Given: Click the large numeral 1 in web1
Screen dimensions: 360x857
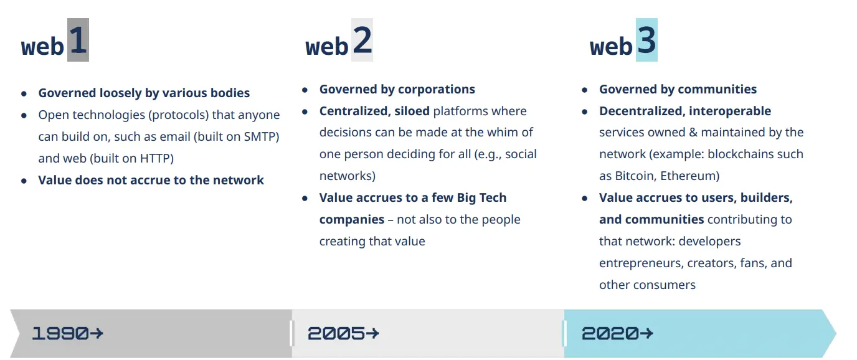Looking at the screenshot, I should click(77, 40).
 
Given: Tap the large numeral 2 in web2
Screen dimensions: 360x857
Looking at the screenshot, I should click(362, 40).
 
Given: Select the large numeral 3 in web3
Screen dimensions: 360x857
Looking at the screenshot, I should click(646, 40).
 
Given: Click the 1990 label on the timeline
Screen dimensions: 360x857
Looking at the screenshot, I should click(60, 333).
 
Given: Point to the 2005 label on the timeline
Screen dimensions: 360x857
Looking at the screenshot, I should click(336, 333).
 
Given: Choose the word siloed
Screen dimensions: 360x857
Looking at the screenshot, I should click(412, 111).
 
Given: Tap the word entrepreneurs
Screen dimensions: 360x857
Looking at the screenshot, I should click(640, 263).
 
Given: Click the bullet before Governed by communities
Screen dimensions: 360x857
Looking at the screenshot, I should click(585, 90).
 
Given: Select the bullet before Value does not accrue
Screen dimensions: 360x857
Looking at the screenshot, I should click(24, 181).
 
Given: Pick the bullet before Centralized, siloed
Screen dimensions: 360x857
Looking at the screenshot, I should click(305, 111).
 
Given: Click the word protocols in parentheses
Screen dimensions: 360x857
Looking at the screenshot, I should click(176, 115).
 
